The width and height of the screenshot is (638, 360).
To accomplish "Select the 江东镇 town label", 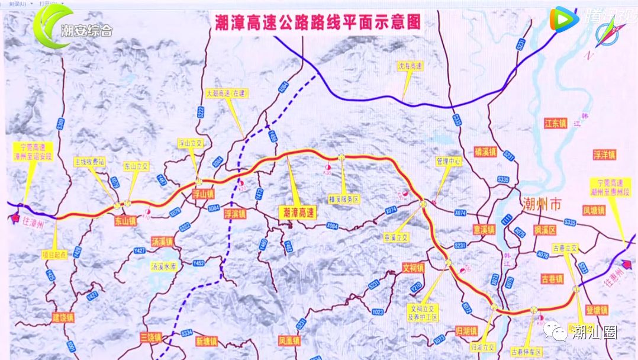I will [x=555, y=123].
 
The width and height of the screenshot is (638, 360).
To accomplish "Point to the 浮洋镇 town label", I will [x=604, y=155].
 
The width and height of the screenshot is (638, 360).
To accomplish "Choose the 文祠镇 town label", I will [x=413, y=268].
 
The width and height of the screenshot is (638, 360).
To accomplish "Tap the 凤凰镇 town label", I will [x=289, y=341].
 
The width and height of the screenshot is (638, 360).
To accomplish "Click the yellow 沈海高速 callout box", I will [x=410, y=66].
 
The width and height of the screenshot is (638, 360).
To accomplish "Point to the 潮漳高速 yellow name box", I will [x=298, y=211].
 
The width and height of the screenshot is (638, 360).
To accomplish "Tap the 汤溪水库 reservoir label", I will [x=164, y=266].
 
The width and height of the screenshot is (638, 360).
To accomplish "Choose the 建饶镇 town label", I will [x=63, y=317].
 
